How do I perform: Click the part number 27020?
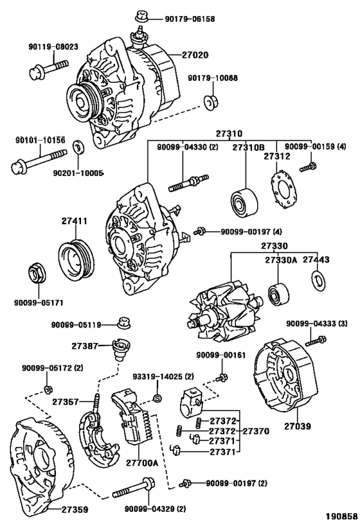tap(195, 55)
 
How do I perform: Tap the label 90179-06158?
tap(190, 19)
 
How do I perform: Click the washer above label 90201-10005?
tap(79, 147)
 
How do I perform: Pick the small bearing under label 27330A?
tap(278, 295)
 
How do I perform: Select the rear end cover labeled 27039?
tap(285, 376)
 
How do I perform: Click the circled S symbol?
tap(157, 398)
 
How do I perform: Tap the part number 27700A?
tap(142, 463)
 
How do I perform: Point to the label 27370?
tap(256, 431)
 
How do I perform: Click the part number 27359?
tap(75, 509)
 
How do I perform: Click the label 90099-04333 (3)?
tap(317, 324)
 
